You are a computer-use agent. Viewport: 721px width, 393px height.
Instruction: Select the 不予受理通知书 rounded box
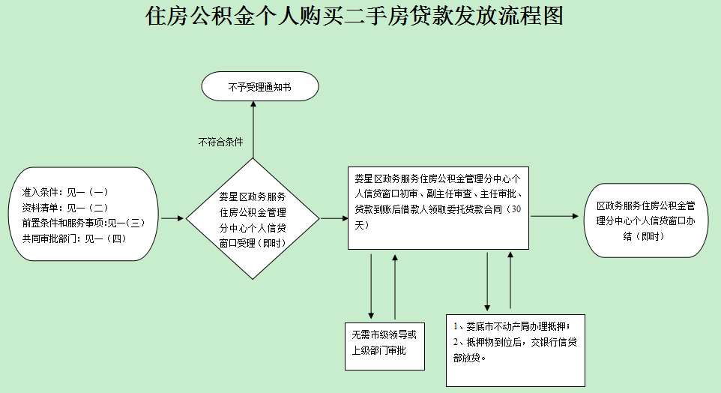coord(260,88)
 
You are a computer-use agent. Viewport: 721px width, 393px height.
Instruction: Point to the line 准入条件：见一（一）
coord(66,193)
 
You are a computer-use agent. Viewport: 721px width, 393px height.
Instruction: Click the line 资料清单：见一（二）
coord(66,208)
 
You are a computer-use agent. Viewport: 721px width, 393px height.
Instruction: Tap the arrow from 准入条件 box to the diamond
coord(172,219)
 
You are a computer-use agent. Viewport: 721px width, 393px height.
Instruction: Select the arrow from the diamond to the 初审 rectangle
coord(332,219)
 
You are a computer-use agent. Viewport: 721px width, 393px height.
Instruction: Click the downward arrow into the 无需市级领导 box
coord(371,285)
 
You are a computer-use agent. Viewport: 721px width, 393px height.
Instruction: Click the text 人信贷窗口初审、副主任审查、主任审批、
coord(438,193)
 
